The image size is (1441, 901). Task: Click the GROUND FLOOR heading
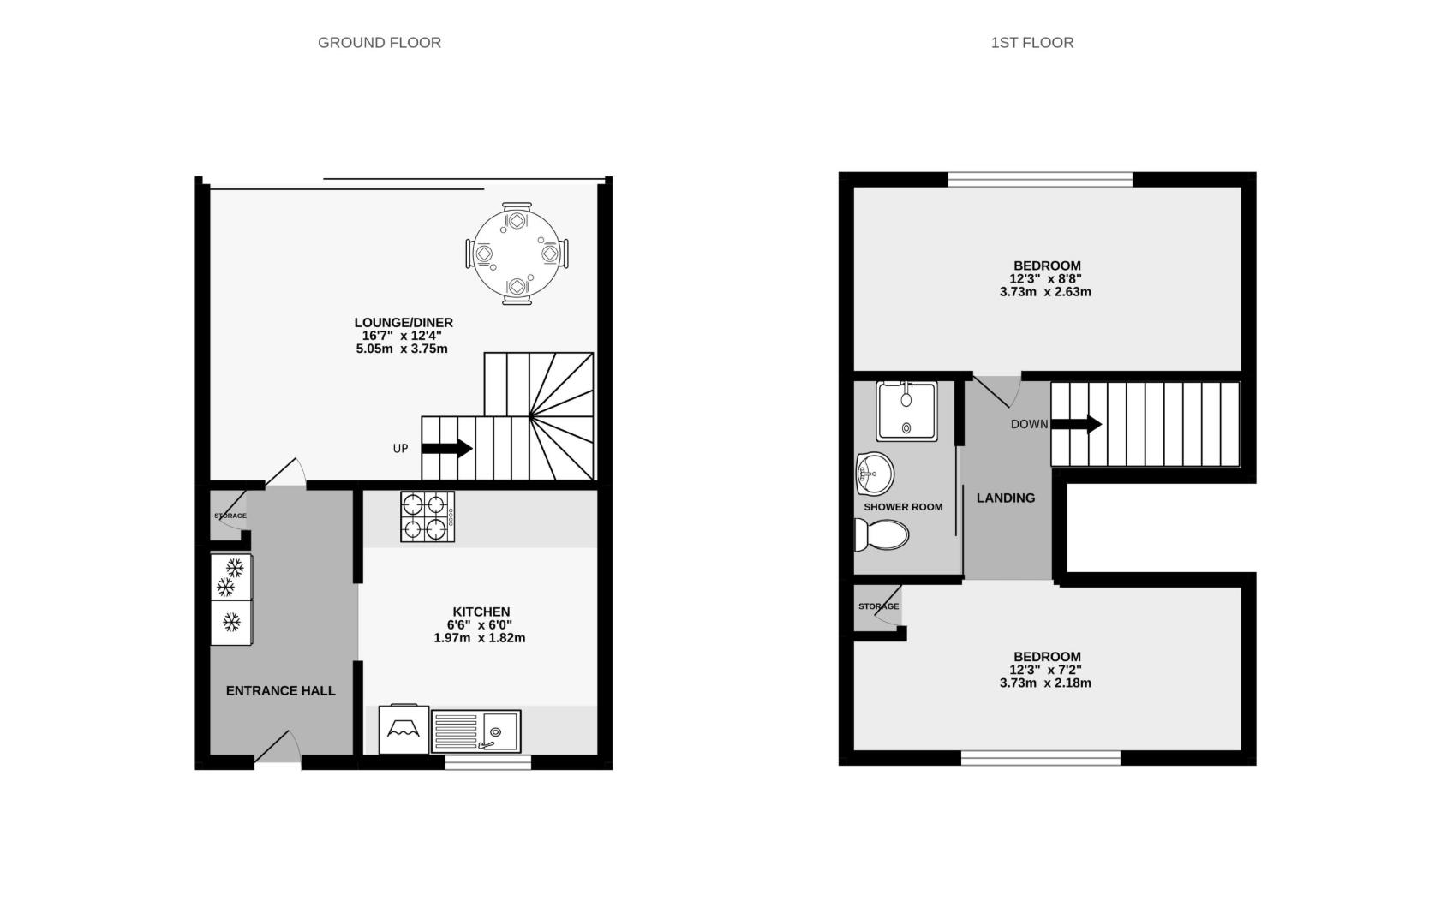[x=379, y=42]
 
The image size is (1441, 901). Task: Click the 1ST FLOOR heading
[x=1031, y=42]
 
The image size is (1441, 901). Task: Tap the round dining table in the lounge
[x=517, y=254]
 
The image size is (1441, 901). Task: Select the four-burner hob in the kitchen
[x=427, y=516]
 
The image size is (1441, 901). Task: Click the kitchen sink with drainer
[x=475, y=731]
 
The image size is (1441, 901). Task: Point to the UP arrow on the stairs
[x=446, y=448]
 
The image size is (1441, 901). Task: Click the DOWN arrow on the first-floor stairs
[x=1076, y=424]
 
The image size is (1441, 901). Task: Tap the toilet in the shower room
[x=882, y=536]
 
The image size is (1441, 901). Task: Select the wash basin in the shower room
[x=875, y=473]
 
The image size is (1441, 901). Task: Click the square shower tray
[x=906, y=410]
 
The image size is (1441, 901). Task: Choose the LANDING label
[x=1006, y=498]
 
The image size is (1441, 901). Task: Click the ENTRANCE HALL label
[x=280, y=690]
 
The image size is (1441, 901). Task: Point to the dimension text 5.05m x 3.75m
[x=402, y=349]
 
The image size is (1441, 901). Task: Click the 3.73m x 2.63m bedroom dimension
[x=1045, y=291]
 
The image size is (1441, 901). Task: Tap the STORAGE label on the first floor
[x=878, y=606]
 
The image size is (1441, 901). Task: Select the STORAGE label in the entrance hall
[x=230, y=516]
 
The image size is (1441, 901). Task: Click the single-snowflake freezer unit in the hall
[x=231, y=622]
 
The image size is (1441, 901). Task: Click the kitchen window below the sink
[x=487, y=762]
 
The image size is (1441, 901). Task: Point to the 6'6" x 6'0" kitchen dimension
[x=481, y=625]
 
